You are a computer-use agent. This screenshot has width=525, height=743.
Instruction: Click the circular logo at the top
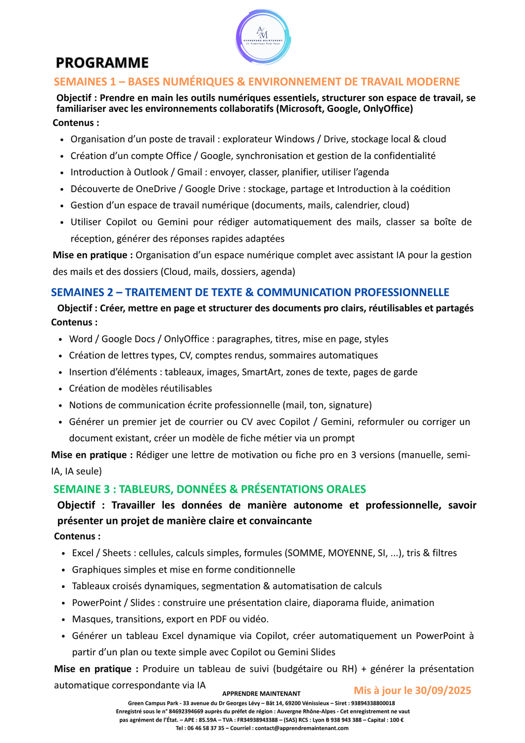tap(263, 37)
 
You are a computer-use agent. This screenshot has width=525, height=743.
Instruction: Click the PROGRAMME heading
tap(102, 63)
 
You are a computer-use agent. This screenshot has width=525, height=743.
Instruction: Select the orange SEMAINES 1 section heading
tap(257, 82)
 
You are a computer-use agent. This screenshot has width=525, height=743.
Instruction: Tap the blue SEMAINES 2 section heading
tap(250, 292)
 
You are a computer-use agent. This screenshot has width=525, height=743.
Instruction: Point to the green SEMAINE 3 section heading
tap(210, 489)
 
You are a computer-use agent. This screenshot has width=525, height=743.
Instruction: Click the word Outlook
tap(151, 172)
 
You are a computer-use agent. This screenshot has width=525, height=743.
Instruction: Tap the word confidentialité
tap(404, 156)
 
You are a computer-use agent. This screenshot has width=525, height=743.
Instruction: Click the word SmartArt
tap(261, 372)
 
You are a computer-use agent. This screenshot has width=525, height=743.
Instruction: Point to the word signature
tap(348, 405)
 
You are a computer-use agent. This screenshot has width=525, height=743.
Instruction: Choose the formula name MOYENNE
tap(354, 553)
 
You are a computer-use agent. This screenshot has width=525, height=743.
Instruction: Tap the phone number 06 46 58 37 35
tap(205, 728)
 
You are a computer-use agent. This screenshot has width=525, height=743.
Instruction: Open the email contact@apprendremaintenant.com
tap(302, 728)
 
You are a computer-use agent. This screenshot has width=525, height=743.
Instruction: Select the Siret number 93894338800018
tap(366, 703)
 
